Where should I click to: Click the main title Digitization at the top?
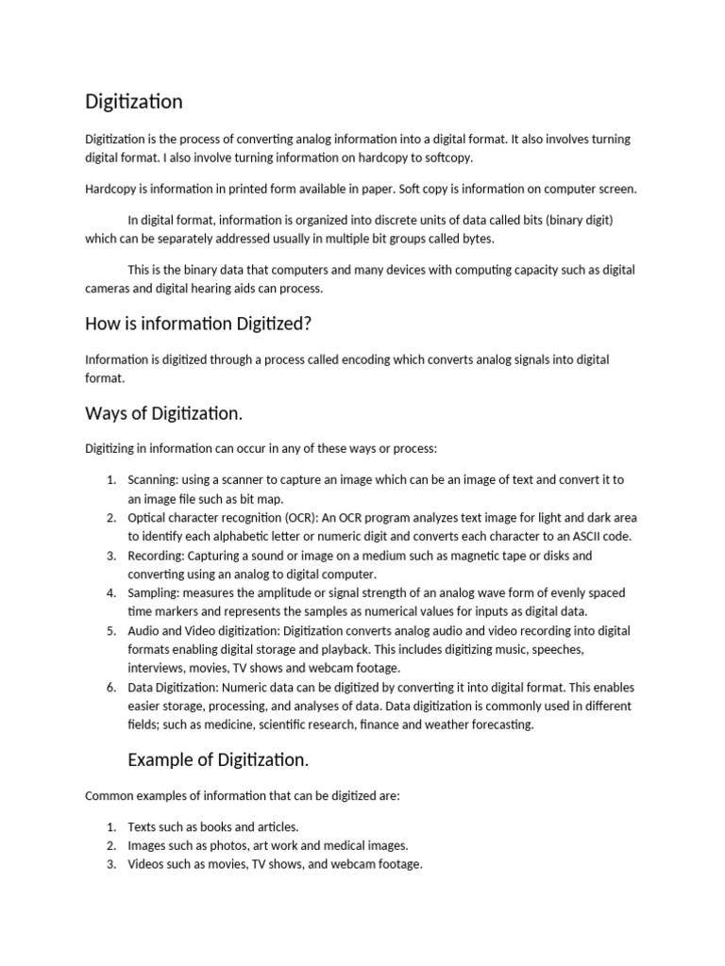[x=134, y=101]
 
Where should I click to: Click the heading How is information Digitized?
[x=198, y=324]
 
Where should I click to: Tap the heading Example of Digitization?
[x=218, y=759]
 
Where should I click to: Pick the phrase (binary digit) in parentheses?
[x=577, y=220]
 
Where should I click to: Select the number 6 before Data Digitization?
[x=110, y=687]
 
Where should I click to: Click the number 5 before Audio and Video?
[x=110, y=630]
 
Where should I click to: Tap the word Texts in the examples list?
[x=143, y=826]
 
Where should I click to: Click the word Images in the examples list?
[x=148, y=845]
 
